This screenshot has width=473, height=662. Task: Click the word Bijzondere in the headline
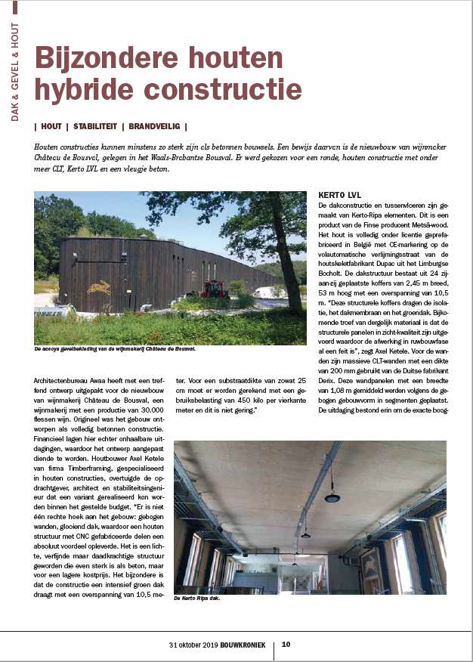pos(101,60)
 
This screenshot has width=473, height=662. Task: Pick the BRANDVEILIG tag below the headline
pos(155,126)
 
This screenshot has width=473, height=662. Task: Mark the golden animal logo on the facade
pos(98,287)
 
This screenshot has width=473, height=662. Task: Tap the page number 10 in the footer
pos(286,645)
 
